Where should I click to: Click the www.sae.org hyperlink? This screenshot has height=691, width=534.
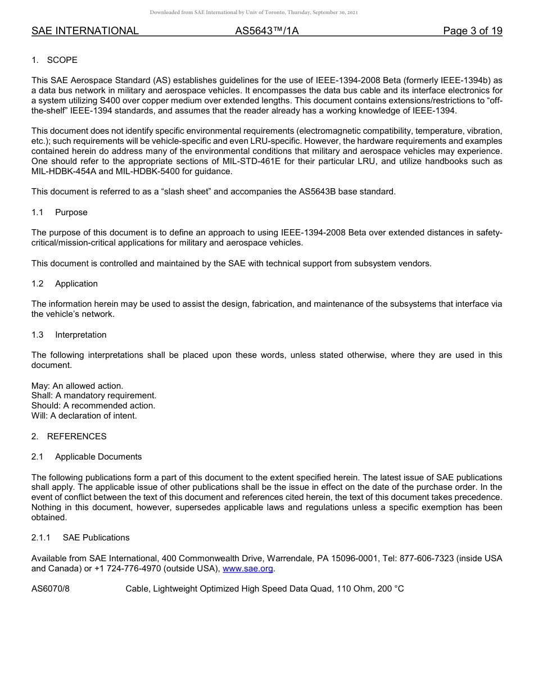[248, 569]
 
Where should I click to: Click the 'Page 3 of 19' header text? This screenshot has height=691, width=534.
[472, 31]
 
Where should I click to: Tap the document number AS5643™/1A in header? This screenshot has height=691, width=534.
[266, 31]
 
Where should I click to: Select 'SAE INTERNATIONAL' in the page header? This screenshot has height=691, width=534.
[85, 31]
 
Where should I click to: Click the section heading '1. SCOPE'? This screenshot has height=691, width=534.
[55, 60]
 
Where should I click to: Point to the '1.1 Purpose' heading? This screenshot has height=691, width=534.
[60, 212]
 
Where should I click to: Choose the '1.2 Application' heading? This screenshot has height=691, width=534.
[65, 284]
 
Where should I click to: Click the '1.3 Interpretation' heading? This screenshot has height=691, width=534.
[69, 335]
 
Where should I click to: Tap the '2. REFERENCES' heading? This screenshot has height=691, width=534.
[69, 437]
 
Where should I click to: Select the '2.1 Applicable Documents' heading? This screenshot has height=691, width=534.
[87, 457]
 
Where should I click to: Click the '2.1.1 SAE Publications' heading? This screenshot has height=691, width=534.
[80, 538]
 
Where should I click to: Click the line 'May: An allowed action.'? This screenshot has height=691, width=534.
[77, 386]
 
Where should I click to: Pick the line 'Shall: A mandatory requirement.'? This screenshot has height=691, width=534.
[94, 395]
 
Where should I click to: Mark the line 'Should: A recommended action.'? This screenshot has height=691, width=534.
[93, 406]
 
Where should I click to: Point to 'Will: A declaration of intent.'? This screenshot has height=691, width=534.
[84, 416]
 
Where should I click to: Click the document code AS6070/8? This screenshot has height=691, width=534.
[51, 589]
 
